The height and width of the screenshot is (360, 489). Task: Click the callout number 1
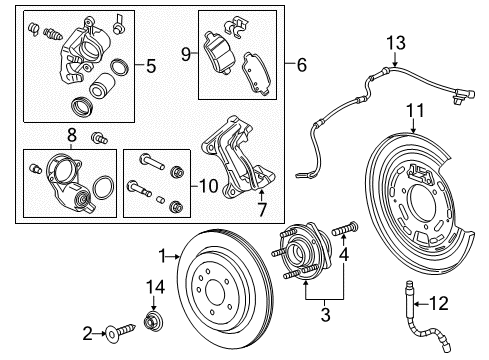pyautogui.click(x=160, y=255)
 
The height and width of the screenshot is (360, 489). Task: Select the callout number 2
pyautogui.click(x=87, y=331)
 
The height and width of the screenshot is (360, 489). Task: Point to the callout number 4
pyautogui.click(x=346, y=259)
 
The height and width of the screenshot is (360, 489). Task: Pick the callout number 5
pyautogui.click(x=151, y=68)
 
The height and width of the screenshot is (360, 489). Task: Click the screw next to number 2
pyautogui.click(x=117, y=331)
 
